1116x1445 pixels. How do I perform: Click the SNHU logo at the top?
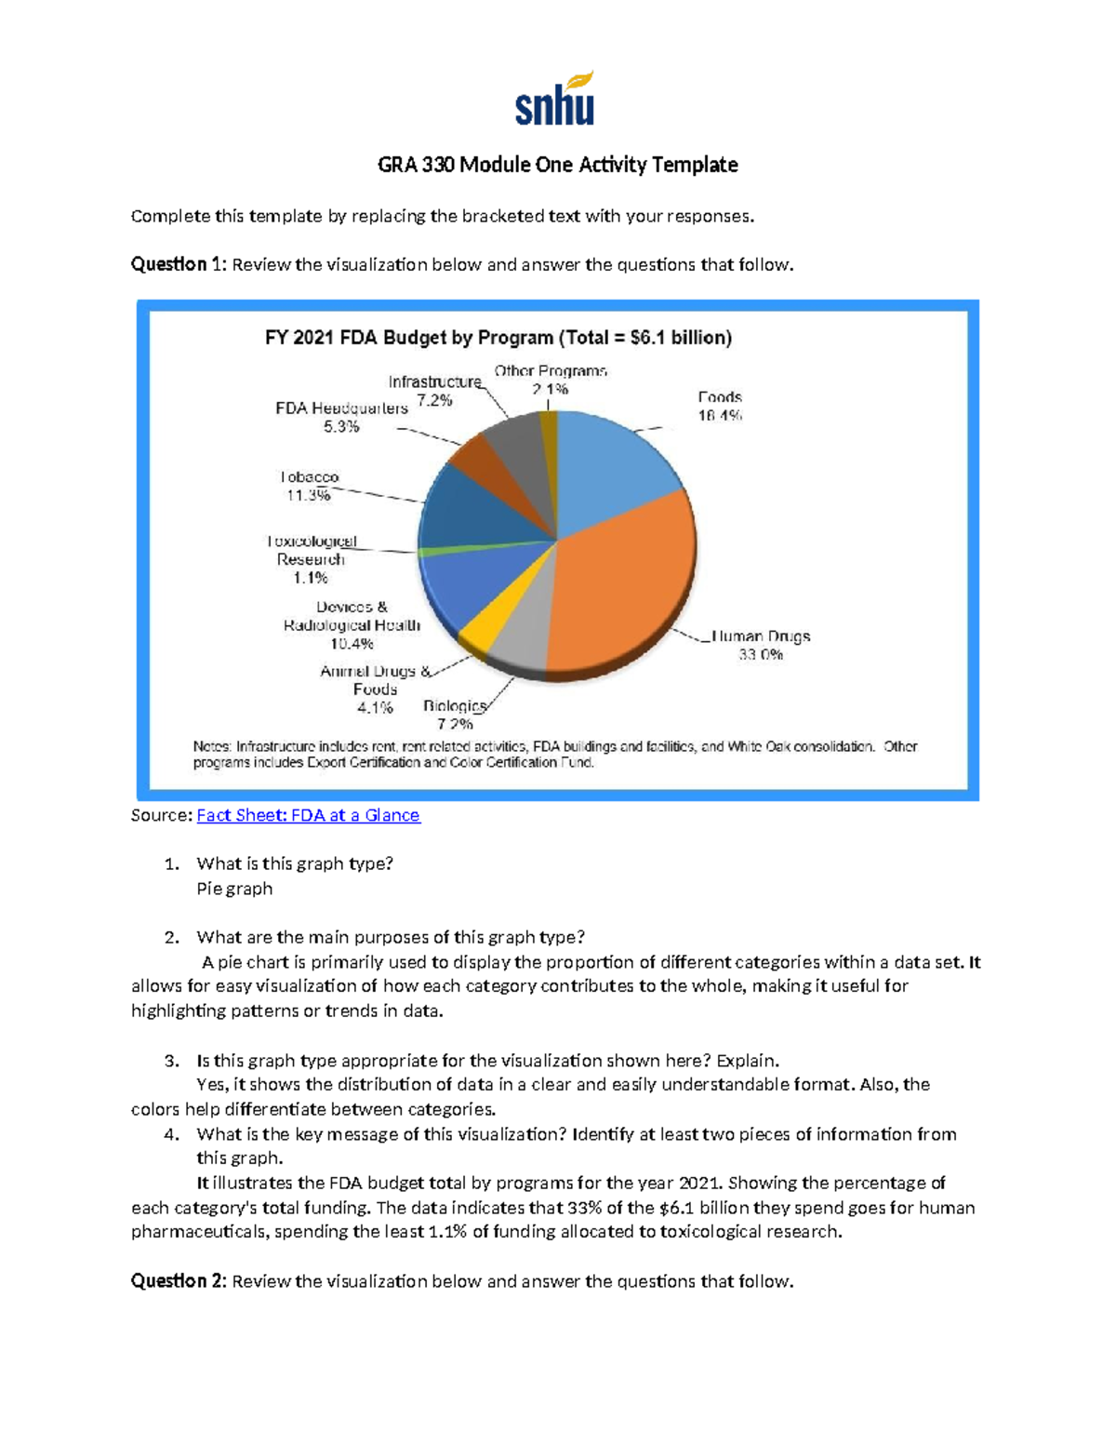555,100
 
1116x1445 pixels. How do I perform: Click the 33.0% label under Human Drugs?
760,655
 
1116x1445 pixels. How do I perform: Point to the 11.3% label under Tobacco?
308,496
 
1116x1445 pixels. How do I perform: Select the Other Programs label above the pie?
551,370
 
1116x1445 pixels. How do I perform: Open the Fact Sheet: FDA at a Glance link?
308,815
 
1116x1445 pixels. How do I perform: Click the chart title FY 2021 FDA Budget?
498,338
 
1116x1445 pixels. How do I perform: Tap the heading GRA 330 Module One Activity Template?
557,165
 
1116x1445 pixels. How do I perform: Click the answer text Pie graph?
234,889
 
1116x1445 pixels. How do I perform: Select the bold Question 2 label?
178,1281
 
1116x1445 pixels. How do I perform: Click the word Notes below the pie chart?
212,746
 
